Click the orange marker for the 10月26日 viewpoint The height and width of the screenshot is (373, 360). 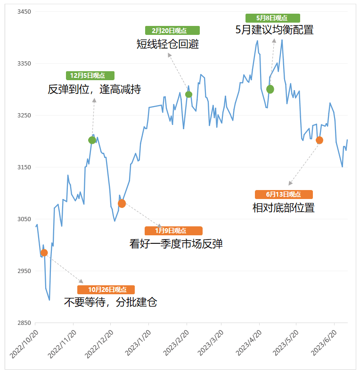click(44, 253)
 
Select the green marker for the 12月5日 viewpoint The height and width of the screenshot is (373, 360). click(92, 140)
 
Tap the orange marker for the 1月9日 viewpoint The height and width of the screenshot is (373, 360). click(122, 204)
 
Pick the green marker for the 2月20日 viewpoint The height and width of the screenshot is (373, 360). click(189, 94)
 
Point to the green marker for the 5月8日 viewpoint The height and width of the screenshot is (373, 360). click(270, 89)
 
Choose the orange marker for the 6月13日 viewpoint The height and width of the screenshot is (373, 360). click(319, 140)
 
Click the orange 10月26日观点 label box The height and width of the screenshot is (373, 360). click(106, 290)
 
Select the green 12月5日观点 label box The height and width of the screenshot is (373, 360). click(90, 75)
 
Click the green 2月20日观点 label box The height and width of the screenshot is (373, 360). click(172, 31)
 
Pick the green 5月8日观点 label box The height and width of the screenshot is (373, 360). click(272, 18)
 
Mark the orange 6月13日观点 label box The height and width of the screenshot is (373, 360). click(284, 194)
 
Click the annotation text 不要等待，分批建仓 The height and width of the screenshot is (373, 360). click(110, 302)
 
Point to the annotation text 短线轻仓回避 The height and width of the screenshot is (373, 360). click(168, 44)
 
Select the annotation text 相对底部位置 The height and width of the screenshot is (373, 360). click(284, 207)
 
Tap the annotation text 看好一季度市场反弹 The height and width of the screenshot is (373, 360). click(176, 244)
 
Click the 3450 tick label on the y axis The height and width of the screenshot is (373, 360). click(22, 11)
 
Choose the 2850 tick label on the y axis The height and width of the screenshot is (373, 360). click(22, 323)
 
